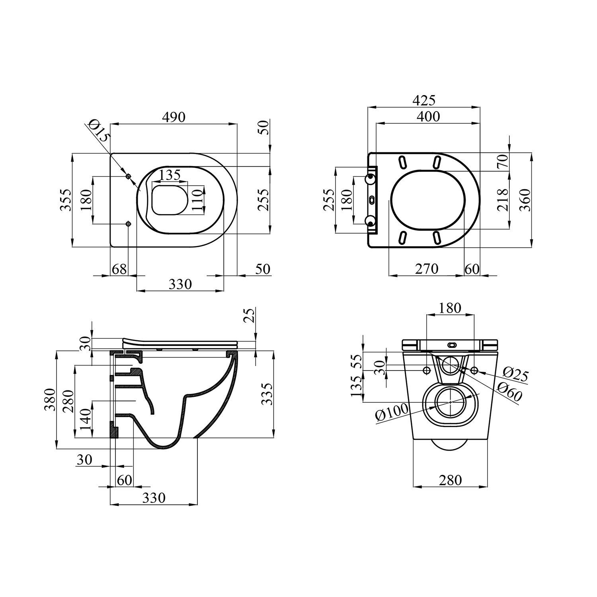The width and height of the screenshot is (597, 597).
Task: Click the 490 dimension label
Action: (174, 117)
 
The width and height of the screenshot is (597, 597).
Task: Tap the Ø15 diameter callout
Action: (98, 131)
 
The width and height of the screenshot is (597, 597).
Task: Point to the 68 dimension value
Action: (119, 269)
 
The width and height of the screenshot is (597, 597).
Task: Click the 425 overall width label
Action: (424, 100)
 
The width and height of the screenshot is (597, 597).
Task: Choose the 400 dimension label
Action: (428, 116)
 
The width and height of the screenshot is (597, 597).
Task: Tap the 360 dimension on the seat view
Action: (525, 200)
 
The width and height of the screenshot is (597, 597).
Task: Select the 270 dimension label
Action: (427, 269)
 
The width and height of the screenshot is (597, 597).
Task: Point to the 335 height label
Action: (267, 394)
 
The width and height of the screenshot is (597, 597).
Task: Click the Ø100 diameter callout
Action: (392, 412)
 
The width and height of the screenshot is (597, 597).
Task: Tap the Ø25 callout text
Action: (515, 374)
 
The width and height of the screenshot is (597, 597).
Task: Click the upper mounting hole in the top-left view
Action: (128, 176)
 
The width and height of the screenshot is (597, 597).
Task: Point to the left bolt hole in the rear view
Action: (427, 371)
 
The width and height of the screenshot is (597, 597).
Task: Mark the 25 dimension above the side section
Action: (249, 315)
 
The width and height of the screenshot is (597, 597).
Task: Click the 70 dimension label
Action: (503, 161)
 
